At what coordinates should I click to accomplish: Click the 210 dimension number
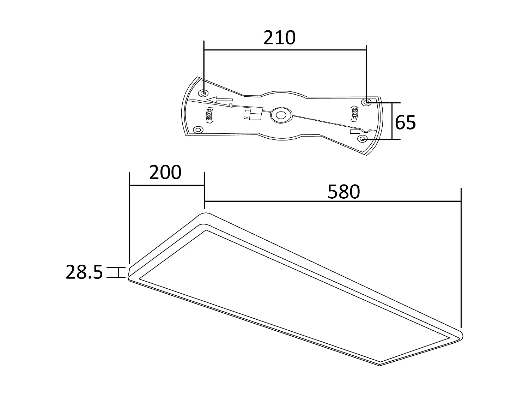279,38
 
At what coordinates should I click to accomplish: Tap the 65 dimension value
405,122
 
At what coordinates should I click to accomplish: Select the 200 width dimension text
165,173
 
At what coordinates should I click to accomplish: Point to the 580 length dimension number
343,192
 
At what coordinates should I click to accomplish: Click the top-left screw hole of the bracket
203,93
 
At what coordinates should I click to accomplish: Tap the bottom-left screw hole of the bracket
198,130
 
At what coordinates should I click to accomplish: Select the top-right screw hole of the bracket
366,102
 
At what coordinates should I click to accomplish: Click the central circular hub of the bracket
281,115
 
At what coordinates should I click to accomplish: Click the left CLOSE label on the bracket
209,115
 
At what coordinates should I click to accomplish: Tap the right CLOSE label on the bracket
354,114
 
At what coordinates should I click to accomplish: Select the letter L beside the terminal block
247,110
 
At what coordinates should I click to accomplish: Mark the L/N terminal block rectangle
255,114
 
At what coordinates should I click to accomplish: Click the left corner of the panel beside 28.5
129,273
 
